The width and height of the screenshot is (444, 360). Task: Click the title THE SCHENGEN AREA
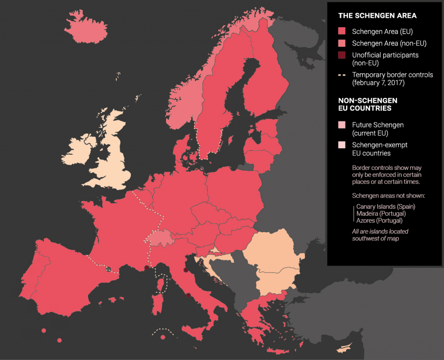pos(377,16)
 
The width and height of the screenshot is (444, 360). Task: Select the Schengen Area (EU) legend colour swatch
pos(342,31)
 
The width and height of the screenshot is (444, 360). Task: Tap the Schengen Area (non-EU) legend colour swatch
pos(342,43)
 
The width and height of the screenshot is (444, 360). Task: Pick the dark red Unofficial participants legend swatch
pos(342,55)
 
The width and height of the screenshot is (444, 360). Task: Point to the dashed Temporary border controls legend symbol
pos(342,75)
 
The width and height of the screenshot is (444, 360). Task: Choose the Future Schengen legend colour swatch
pos(342,125)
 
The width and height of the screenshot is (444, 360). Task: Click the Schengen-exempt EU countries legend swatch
pos(342,145)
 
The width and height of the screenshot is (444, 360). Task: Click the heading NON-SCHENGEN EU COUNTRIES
pos(368,104)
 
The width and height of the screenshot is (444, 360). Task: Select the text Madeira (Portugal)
pos(381,214)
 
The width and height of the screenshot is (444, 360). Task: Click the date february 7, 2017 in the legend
pos(378,83)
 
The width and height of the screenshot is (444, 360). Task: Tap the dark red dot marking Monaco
pos(146,267)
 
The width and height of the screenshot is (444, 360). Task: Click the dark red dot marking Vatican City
pos(188,295)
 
